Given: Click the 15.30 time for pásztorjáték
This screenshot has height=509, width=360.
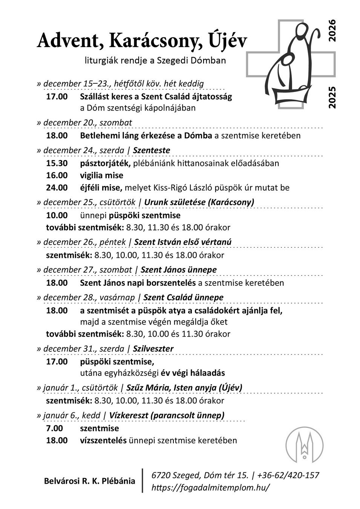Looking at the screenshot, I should pyautogui.click(x=57, y=163).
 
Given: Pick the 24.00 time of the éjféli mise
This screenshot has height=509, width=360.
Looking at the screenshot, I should pyautogui.click(x=57, y=187).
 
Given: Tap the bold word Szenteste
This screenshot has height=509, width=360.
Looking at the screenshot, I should pyautogui.click(x=152, y=150).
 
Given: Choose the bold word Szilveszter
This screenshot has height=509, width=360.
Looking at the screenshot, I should pyautogui.click(x=153, y=349).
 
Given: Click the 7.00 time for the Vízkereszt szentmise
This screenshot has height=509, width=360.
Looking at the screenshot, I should pyautogui.click(x=54, y=428).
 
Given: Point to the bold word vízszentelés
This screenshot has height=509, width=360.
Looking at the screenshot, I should pyautogui.click(x=103, y=440).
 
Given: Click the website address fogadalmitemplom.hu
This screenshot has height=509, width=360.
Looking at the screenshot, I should pyautogui.click(x=210, y=487).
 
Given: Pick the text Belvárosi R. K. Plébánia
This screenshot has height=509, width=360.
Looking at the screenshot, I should pyautogui.click(x=89, y=481).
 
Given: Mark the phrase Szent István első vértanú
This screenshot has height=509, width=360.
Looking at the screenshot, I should pyautogui.click(x=183, y=242).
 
